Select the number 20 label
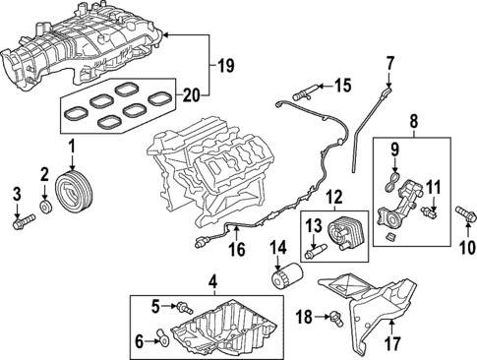point(193,95)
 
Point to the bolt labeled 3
point(19,223)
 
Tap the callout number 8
point(412,123)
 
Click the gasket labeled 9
point(394,181)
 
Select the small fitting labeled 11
point(428,210)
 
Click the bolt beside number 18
point(335,316)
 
